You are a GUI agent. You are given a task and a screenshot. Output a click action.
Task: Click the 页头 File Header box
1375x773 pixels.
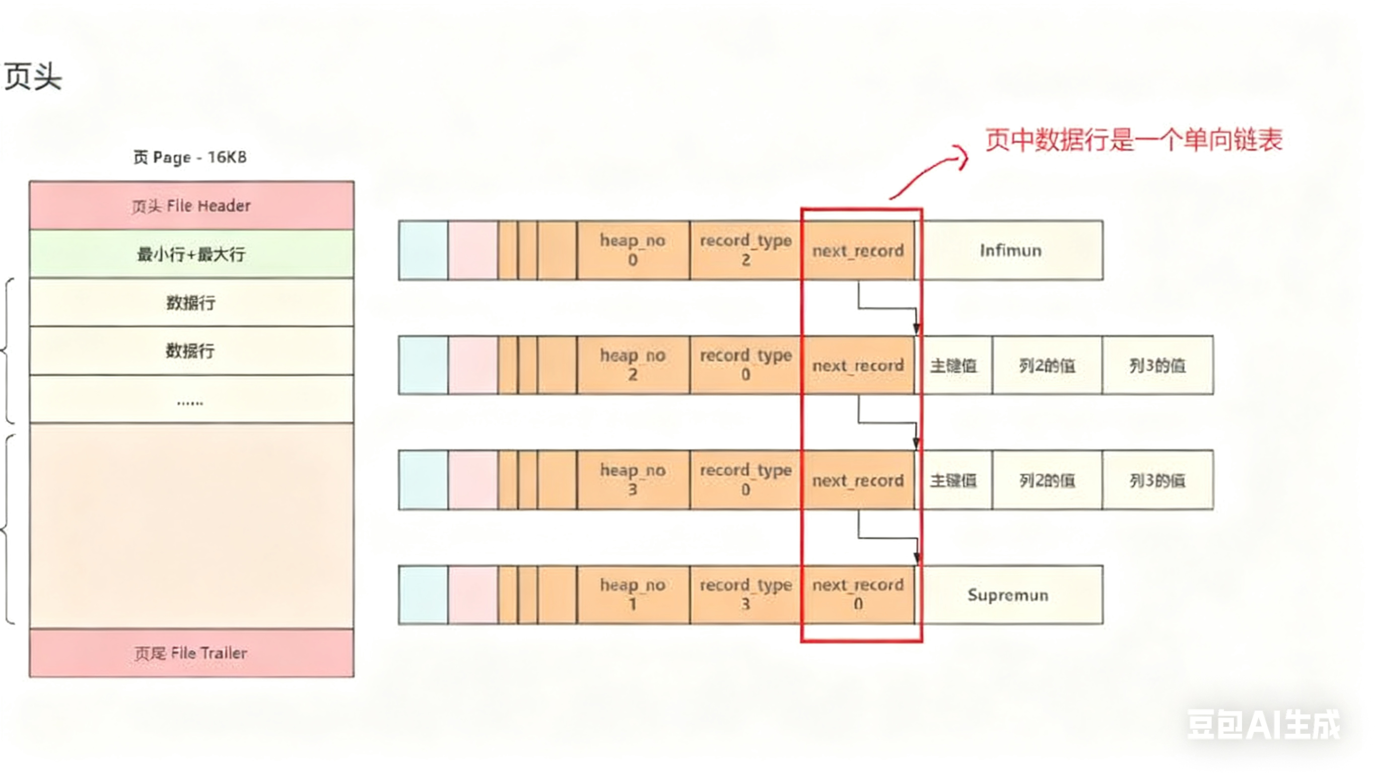pyautogui.click(x=191, y=205)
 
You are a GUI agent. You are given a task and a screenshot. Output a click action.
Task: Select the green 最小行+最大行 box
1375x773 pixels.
pyautogui.click(x=191, y=254)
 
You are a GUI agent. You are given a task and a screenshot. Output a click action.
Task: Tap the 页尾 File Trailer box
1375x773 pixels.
pyautogui.click(x=191, y=653)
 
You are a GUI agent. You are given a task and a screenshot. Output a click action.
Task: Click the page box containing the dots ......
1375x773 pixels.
pyautogui.click(x=191, y=399)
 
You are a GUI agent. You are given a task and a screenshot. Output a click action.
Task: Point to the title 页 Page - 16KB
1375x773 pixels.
pyautogui.click(x=190, y=158)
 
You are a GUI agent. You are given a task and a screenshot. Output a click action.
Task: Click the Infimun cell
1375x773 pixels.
pyautogui.click(x=1010, y=250)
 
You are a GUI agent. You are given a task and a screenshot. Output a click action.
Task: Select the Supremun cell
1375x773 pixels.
pyautogui.click(x=1008, y=595)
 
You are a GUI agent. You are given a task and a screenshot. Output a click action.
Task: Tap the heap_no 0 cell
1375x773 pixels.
pyautogui.click(x=633, y=250)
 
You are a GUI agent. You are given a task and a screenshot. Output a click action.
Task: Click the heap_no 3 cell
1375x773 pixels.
pyautogui.click(x=633, y=480)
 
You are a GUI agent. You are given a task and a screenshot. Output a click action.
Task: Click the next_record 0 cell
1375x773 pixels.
pyautogui.click(x=858, y=595)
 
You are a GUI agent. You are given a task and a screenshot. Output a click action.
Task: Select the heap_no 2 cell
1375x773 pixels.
pyautogui.click(x=633, y=365)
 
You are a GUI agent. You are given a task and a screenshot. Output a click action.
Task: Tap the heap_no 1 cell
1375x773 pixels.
pyautogui.click(x=633, y=595)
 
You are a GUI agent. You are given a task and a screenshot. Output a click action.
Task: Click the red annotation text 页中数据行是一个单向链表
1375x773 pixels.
pyautogui.click(x=1133, y=140)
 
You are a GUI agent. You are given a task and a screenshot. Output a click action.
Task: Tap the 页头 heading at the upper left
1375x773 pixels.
pyautogui.click(x=33, y=77)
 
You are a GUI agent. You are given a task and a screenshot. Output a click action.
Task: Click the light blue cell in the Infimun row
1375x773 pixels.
pyautogui.click(x=423, y=250)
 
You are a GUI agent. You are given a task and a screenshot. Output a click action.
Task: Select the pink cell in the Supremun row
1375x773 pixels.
pyautogui.click(x=473, y=595)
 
